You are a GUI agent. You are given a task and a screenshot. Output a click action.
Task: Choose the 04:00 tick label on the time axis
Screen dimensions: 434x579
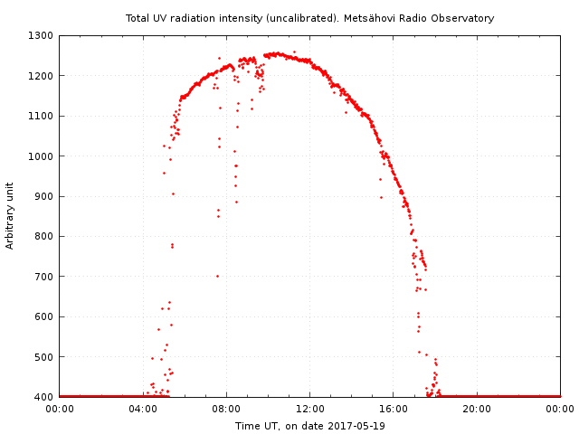click(143, 409)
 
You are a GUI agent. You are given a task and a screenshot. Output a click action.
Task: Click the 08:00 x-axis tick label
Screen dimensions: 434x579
click(226, 409)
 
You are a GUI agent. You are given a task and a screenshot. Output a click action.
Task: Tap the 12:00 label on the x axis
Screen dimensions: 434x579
click(310, 409)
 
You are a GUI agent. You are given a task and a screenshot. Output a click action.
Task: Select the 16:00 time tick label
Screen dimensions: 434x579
click(394, 409)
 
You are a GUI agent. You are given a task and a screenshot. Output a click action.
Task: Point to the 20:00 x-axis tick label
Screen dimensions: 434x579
click(477, 409)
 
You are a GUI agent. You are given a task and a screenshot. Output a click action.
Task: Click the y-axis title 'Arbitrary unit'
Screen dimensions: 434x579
click(11, 216)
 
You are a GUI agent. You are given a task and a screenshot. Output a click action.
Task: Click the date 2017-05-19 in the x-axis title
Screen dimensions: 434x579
click(356, 426)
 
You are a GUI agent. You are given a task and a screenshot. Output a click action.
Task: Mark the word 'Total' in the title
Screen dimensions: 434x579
click(138, 18)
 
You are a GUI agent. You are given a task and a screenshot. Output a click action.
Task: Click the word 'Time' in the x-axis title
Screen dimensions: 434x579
click(247, 426)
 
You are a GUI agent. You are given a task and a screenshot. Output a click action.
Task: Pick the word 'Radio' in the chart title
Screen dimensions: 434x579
click(411, 18)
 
